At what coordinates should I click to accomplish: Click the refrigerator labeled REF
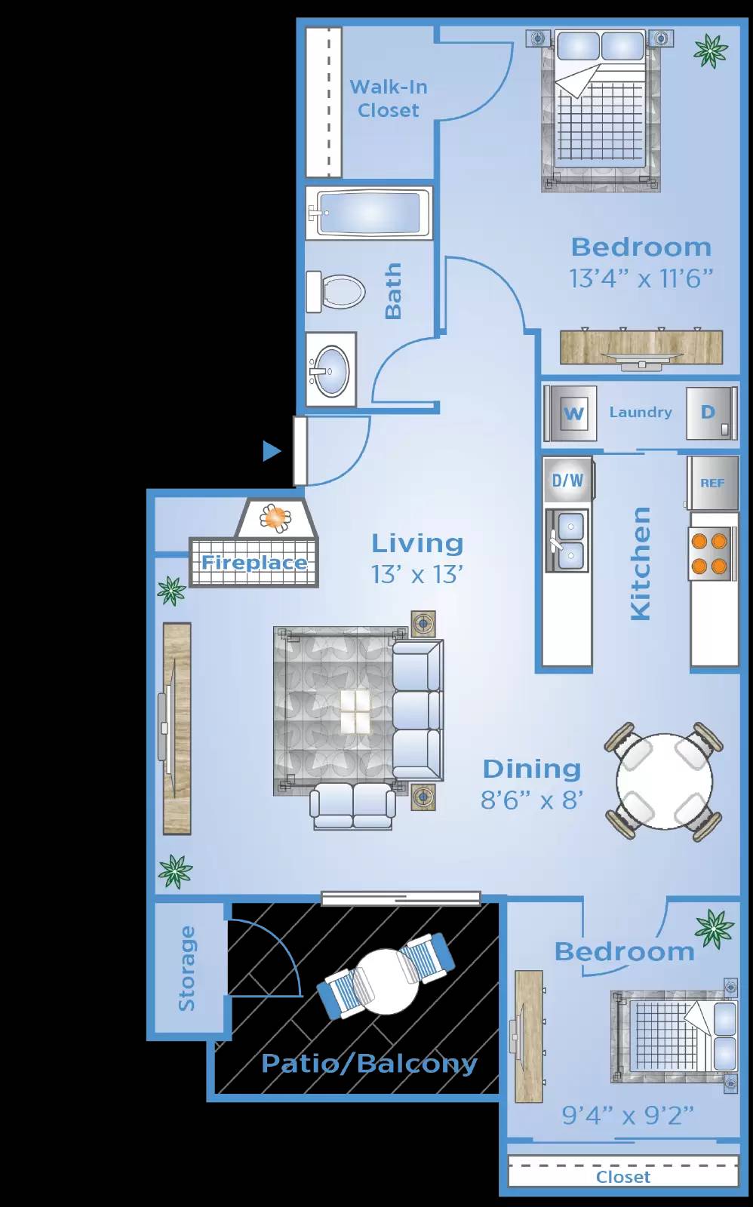pos(712,483)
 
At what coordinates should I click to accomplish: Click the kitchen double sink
pos(567,540)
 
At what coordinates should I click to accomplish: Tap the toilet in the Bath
pos(336,291)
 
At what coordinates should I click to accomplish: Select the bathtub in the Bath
pos(369,213)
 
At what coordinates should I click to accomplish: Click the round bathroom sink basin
pos(332,370)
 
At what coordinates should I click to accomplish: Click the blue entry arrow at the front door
pos(272,451)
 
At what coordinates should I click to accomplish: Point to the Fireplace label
pos(254,563)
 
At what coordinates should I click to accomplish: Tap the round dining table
pos(664,782)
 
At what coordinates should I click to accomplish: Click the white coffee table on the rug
pos(355,711)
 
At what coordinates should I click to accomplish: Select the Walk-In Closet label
pos(389,98)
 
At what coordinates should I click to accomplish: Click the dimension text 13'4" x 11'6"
pos(641,278)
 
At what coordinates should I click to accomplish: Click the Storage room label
pos(186,969)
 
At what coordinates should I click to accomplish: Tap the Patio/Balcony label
pos(369,1064)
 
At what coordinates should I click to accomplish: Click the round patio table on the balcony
pos(386,981)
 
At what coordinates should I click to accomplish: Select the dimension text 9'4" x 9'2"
pos(628,1114)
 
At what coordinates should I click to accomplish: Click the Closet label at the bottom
pos(622,1177)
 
